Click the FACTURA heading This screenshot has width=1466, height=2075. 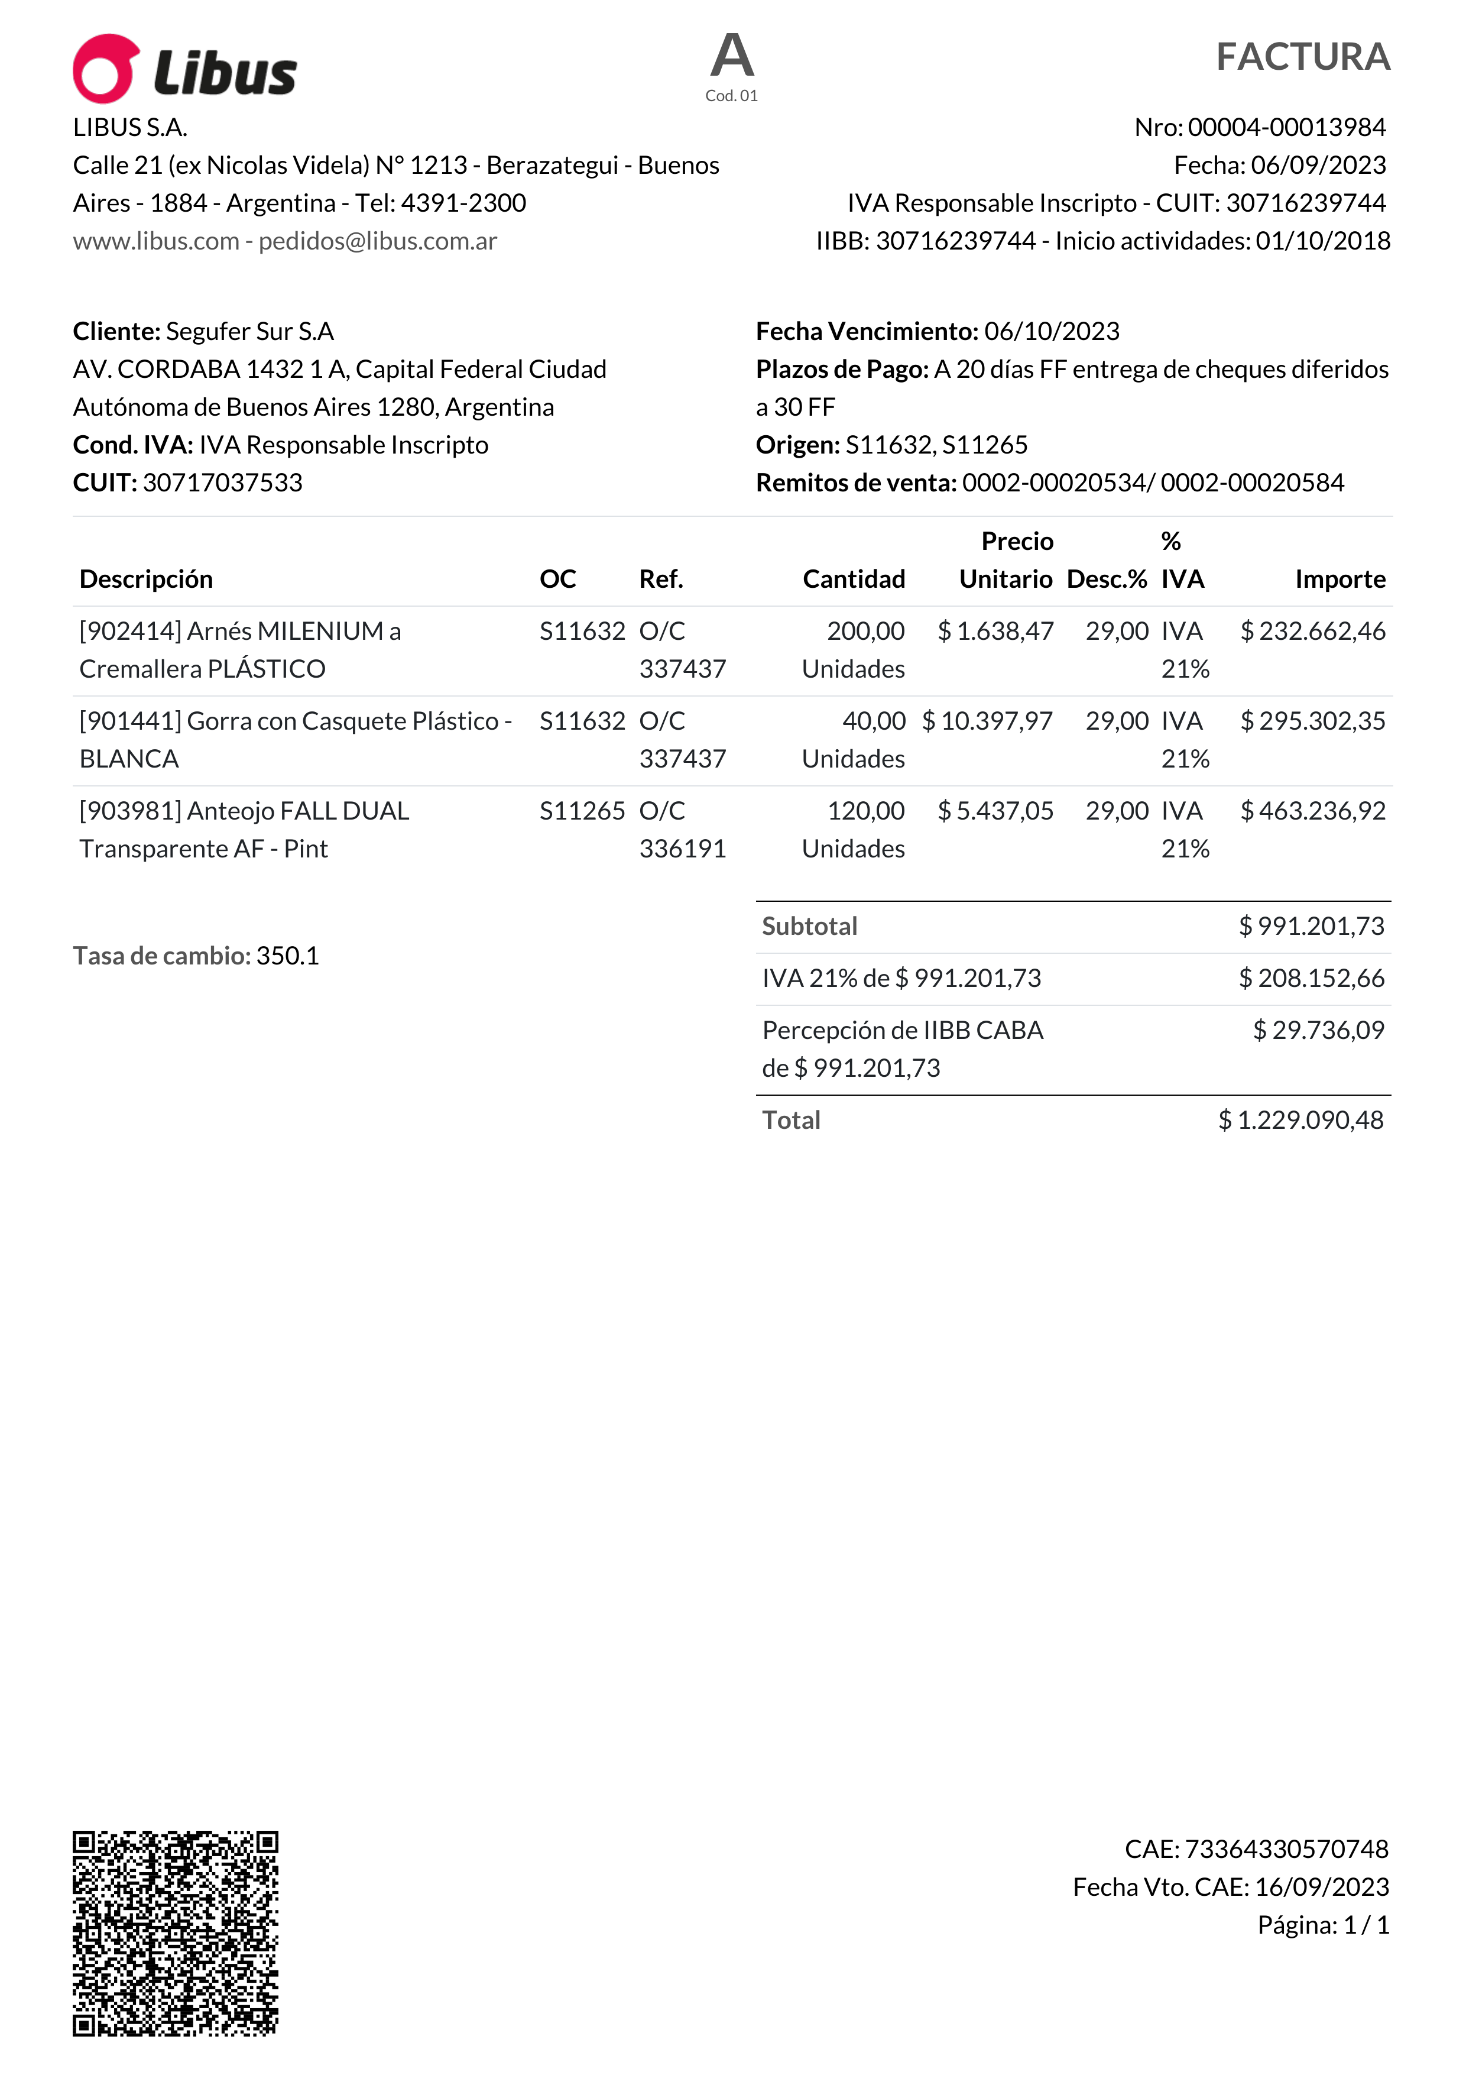coord(1302,57)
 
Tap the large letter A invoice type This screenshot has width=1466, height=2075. coord(732,56)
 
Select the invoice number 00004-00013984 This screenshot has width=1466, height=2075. coord(1286,127)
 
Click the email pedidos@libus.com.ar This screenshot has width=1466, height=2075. coord(378,241)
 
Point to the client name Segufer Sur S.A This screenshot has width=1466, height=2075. coord(249,332)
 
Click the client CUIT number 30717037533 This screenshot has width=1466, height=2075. coord(222,483)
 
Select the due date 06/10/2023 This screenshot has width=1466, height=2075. coord(1052,332)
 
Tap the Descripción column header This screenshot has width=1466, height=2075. coord(147,580)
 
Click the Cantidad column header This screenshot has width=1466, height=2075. coord(854,580)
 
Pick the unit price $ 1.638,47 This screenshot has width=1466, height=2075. coord(995,631)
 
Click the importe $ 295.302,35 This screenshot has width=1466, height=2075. coord(1312,721)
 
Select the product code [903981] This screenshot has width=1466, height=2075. coord(131,811)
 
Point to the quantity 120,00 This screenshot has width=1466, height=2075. coord(865,811)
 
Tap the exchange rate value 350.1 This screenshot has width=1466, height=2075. coord(287,956)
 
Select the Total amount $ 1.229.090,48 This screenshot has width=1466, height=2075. coord(1300,1121)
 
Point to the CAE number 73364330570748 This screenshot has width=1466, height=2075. coord(1286,1849)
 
